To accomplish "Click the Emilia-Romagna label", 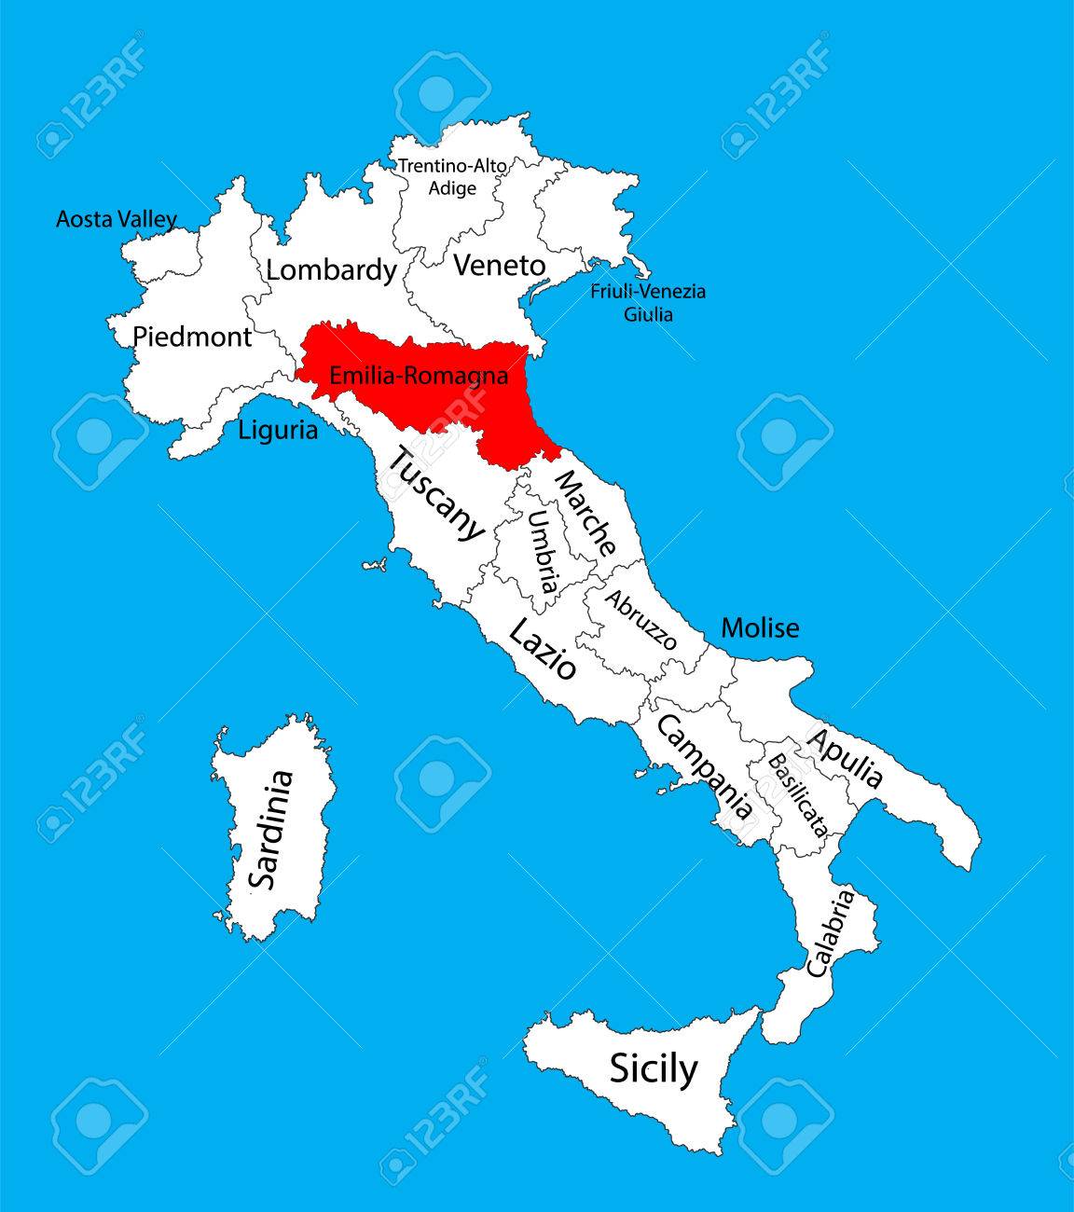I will (419, 377).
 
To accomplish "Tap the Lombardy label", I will (331, 270).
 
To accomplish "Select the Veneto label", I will (499, 266).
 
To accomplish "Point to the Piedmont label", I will (192, 337).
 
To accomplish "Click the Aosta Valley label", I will (116, 220).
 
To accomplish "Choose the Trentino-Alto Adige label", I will (452, 176).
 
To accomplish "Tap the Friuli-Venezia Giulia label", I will (648, 302).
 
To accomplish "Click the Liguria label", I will (278, 431).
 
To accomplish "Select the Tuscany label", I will (435, 494).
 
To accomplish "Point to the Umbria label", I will (543, 553).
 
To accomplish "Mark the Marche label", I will (585, 513).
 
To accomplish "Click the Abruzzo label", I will (640, 619).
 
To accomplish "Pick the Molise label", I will (760, 627).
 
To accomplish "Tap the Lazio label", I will (542, 650).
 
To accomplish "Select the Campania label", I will (705, 766).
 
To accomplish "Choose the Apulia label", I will (844, 758).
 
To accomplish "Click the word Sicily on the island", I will (653, 1067).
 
